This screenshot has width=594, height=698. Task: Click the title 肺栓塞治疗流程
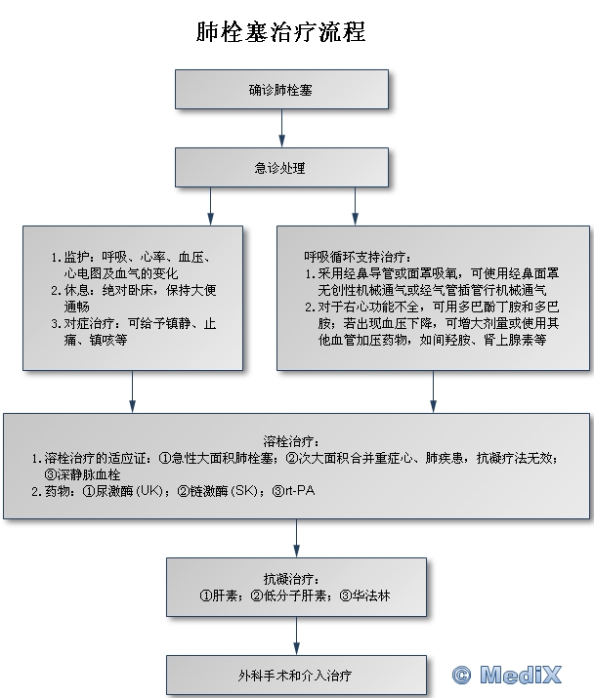tap(281, 31)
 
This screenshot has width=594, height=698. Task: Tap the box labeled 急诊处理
tap(281, 167)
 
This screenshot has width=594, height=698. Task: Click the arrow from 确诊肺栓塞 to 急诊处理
tap(281, 127)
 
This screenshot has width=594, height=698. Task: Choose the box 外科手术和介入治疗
tap(296, 675)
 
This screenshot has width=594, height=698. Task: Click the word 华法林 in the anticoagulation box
tap(372, 595)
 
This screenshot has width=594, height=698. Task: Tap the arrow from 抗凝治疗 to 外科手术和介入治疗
tap(296, 636)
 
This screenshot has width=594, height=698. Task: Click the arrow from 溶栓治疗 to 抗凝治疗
tap(296, 537)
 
